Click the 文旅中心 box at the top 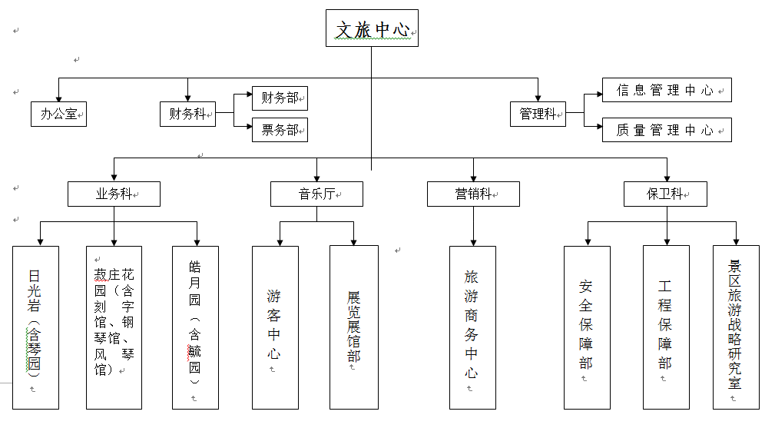[372, 28]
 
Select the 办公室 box [58, 114]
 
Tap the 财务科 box [187, 114]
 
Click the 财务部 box [280, 98]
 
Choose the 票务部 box [280, 130]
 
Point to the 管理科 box [538, 114]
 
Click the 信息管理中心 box [667, 90]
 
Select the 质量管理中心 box [667, 130]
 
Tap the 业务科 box [114, 194]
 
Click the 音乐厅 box [316, 194]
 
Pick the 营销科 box [473, 194]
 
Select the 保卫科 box [666, 194]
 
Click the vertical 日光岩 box [35, 327]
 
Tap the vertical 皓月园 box [195, 327]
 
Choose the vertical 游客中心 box [274, 327]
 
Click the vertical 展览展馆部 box [354, 327]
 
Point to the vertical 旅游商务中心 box [472, 327]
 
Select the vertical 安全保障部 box [587, 327]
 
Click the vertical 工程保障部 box [666, 327]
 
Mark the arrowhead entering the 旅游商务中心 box [473, 241]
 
